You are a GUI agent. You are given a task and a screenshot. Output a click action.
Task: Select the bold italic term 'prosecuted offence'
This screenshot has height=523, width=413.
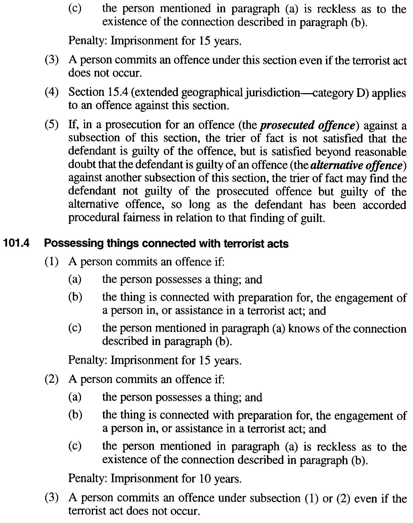308,125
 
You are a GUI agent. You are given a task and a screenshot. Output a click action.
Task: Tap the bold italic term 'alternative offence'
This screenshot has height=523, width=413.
356,165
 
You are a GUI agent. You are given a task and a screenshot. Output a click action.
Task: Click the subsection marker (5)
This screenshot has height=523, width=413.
51,125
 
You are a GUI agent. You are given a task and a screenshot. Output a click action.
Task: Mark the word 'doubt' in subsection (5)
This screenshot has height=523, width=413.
80,165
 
